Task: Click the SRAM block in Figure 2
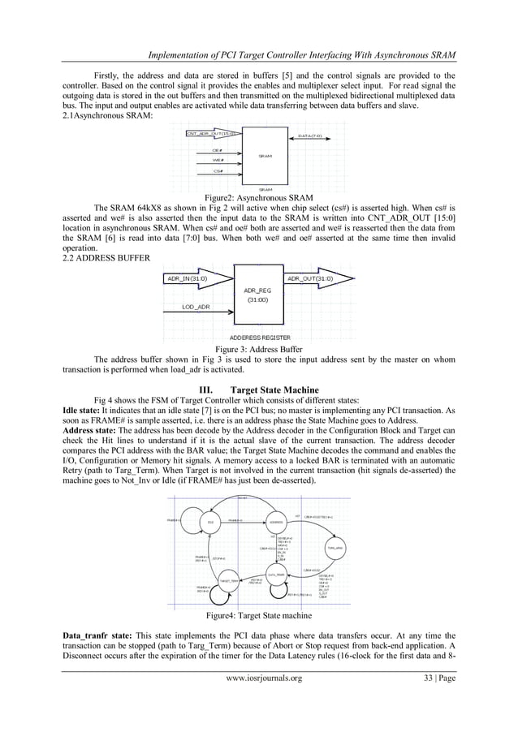click(265, 156)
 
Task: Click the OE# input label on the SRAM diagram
click(218, 150)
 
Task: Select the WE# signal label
click(218, 160)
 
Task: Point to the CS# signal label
click(218, 170)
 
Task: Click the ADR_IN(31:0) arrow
click(198, 278)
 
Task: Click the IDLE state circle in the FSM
click(210, 522)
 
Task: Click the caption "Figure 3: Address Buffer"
click(259, 350)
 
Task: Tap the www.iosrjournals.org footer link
click(259, 702)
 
